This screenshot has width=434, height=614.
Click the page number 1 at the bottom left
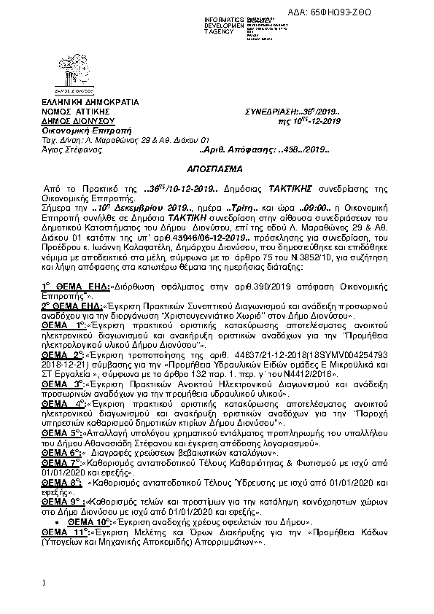[44, 583]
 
